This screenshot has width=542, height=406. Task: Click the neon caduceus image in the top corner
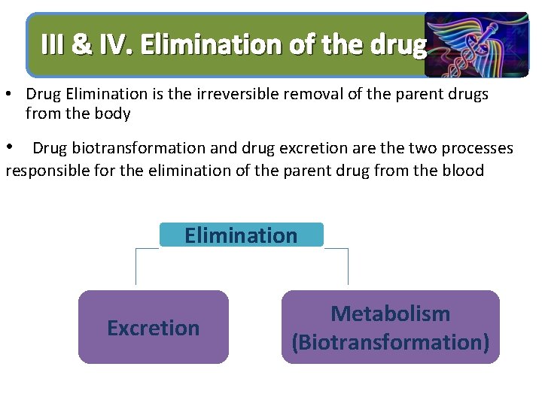coord(476,44)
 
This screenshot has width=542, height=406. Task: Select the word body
coord(114,114)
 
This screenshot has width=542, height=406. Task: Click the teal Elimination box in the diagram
coord(241,235)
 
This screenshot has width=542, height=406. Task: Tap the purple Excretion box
coord(153,328)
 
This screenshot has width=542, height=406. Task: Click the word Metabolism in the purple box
coord(390,314)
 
